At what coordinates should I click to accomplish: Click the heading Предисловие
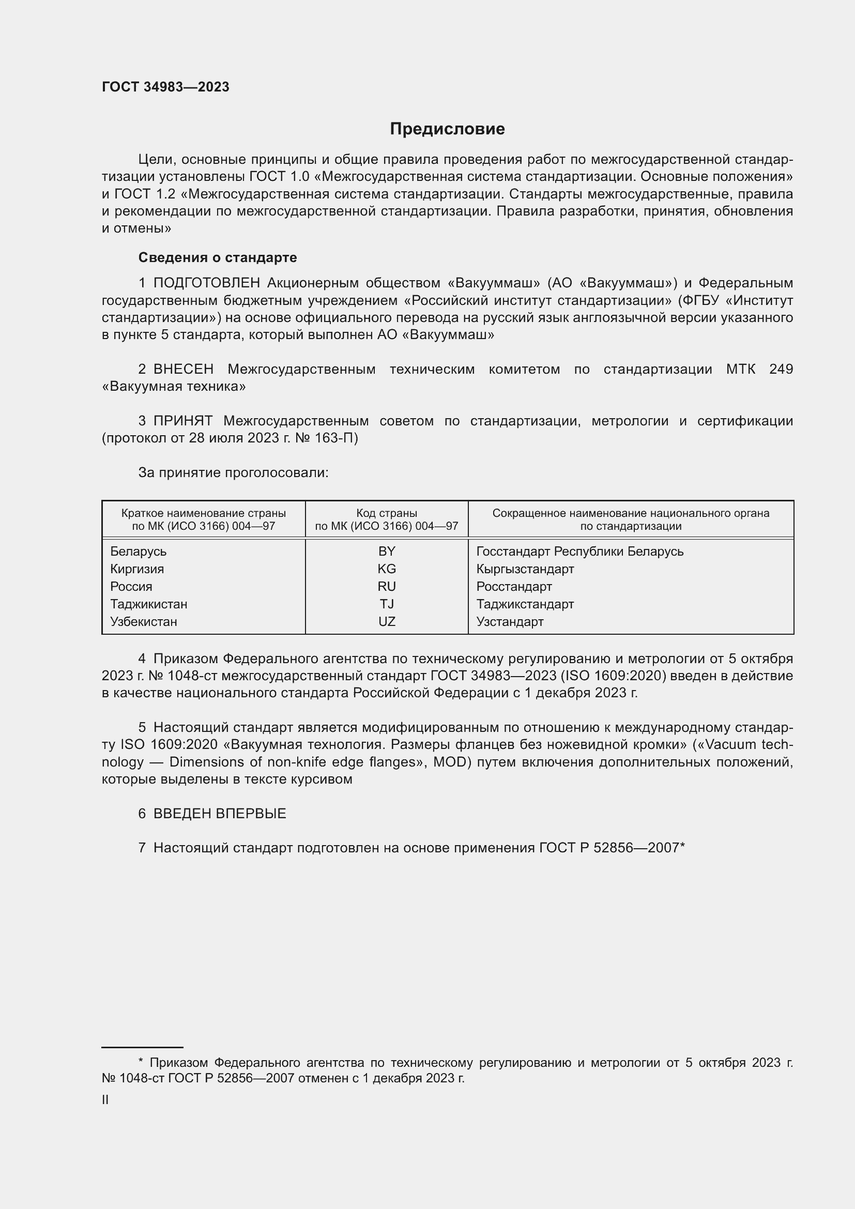(447, 129)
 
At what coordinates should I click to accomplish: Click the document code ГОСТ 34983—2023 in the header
(165, 87)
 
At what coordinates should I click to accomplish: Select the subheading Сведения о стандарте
(218, 257)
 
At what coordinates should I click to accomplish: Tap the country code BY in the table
(387, 552)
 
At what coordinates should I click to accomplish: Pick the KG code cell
(387, 569)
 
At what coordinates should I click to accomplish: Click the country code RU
(387, 587)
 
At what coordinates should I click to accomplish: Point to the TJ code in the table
(387, 604)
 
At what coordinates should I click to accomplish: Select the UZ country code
(387, 621)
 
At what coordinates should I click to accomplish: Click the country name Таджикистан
(148, 604)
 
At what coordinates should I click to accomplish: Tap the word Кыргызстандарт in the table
(525, 569)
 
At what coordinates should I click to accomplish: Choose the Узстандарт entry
(510, 621)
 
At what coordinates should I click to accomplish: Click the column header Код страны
(387, 513)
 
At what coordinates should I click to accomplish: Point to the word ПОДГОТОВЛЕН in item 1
(206, 283)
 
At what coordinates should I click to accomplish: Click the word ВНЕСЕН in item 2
(183, 369)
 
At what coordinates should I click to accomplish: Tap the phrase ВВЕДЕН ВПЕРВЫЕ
(220, 814)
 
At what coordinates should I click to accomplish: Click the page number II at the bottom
(105, 1099)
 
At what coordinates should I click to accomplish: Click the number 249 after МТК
(781, 369)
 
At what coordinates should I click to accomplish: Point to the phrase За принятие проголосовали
(233, 473)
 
